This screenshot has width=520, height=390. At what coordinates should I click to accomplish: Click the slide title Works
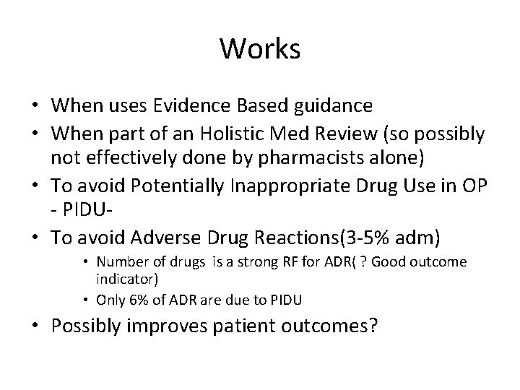point(260,48)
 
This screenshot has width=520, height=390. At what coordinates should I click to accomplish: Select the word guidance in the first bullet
point(336,106)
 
